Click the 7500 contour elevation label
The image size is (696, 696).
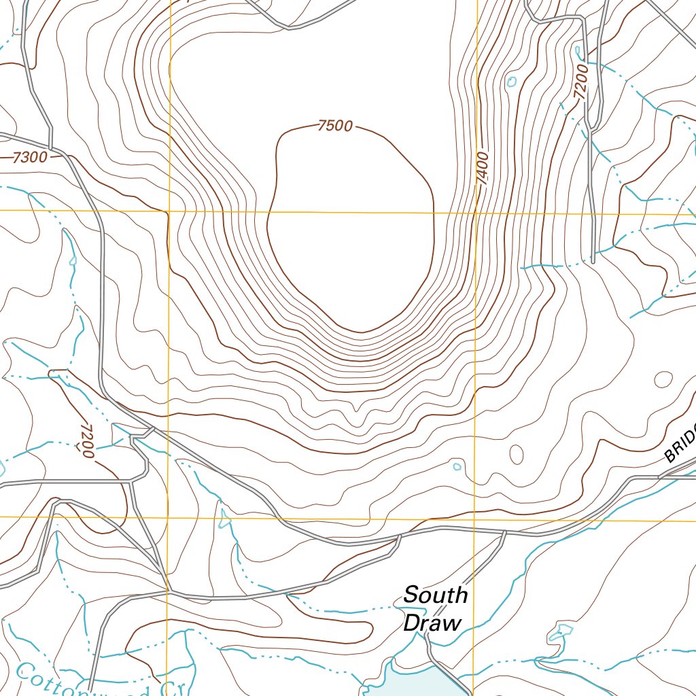coord(334,126)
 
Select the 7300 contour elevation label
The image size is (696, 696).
coord(30,158)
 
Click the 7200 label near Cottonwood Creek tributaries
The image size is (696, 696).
coord(85,440)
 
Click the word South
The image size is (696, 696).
coord(435,595)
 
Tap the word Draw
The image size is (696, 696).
coord(432,623)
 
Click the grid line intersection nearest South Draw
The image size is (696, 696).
coord(474,519)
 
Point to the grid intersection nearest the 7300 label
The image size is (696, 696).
coord(169,211)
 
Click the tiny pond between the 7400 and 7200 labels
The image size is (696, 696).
coord(511,82)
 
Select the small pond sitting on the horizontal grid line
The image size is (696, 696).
coord(224,519)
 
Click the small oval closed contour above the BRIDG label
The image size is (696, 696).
coord(663,379)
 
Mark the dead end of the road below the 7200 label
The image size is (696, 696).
coord(593,260)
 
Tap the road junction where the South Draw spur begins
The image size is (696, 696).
coord(504,532)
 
